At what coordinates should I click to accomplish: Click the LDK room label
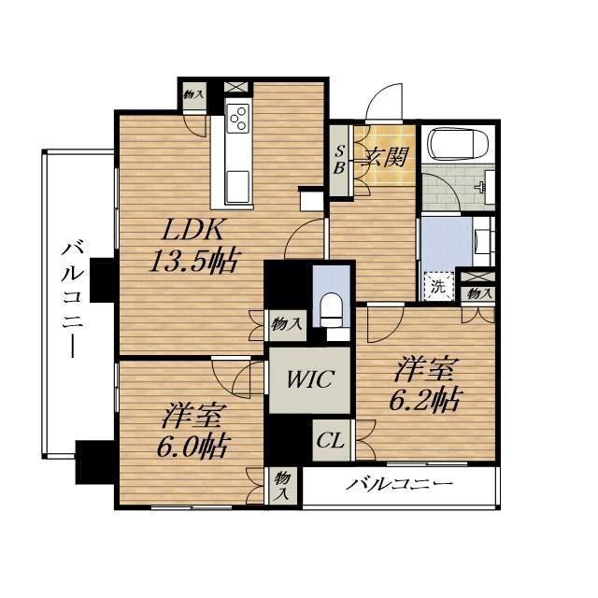point(192,229)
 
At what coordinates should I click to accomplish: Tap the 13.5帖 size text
point(193,260)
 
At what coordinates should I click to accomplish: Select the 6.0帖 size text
point(192,446)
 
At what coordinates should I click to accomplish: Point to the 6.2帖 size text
point(424,399)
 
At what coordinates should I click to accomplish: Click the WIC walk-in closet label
point(310,379)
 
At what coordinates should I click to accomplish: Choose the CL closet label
point(330,440)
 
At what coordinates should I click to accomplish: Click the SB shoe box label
point(339,160)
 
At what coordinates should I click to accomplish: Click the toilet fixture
point(331,309)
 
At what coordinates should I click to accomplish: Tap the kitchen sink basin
point(237,187)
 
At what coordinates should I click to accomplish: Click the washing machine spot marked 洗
point(438,287)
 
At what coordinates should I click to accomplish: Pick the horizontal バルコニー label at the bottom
point(399,485)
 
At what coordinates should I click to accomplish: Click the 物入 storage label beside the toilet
point(287,324)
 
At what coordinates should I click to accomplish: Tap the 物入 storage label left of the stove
point(193,94)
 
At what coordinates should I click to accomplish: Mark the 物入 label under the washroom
point(478,293)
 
